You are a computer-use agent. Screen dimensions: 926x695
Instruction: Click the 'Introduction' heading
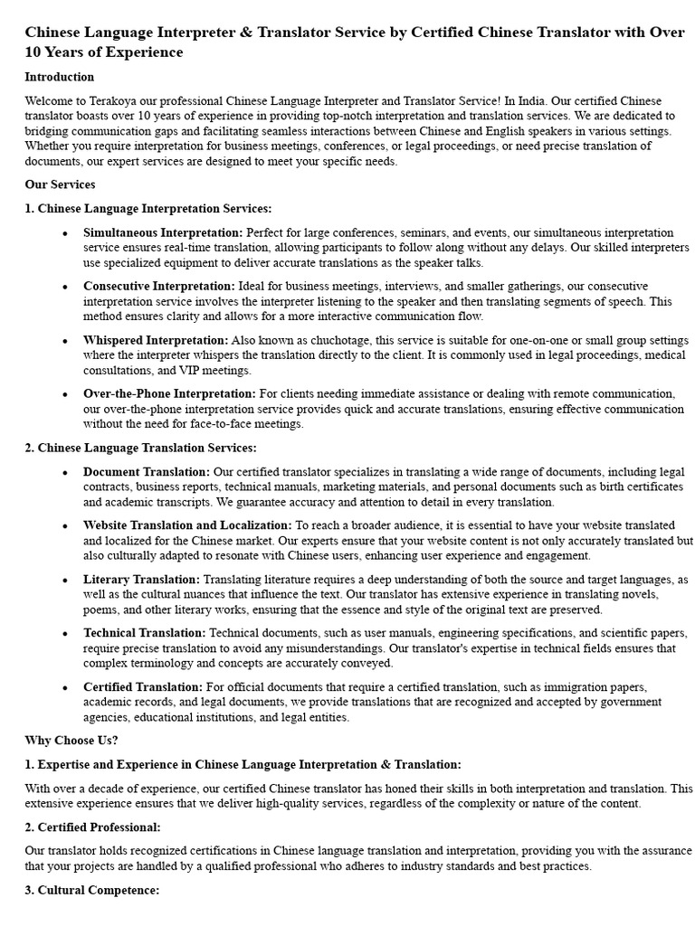(59, 77)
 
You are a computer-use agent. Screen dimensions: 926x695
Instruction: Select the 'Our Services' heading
(60, 184)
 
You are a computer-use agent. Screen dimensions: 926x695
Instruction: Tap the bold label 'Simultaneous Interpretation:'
(163, 232)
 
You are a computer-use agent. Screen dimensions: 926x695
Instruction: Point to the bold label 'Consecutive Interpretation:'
(159, 287)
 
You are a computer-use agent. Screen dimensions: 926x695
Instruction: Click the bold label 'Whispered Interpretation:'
(156, 340)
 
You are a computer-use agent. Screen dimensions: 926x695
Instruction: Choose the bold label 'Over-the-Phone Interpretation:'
(169, 393)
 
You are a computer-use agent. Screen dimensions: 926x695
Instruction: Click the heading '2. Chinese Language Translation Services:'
(140, 448)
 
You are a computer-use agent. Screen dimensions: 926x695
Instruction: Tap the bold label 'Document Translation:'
(147, 471)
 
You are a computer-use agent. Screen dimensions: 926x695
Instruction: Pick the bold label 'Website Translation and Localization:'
(187, 524)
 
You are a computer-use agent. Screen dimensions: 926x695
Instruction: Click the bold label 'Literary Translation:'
(141, 579)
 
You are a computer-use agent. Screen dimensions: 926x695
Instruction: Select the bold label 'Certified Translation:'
(143, 686)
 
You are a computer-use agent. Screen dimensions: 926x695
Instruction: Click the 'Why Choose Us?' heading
(71, 741)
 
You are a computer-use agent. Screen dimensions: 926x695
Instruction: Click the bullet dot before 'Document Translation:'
(65, 472)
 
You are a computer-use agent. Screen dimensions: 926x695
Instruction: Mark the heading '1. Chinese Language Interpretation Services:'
(148, 208)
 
